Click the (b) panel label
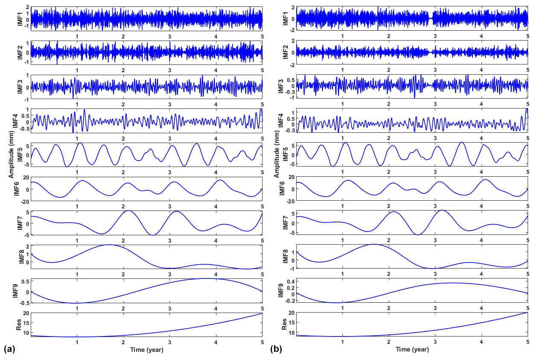tap(276, 349)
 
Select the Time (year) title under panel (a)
tap(146, 349)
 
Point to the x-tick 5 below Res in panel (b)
tap(528, 342)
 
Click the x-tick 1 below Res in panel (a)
tap(77, 342)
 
